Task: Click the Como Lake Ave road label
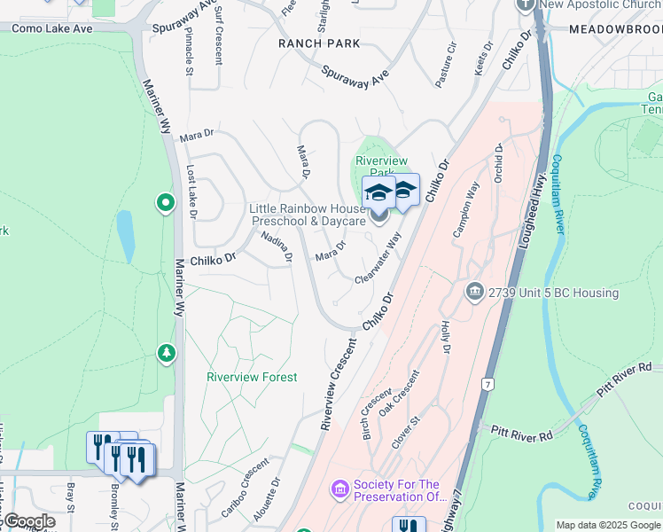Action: pyautogui.click(x=52, y=28)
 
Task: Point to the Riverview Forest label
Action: pyautogui.click(x=252, y=377)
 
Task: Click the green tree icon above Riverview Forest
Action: pyautogui.click(x=166, y=354)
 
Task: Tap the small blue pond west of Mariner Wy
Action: pyautogui.click(x=125, y=236)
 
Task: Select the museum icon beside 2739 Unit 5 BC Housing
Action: pyautogui.click(x=474, y=292)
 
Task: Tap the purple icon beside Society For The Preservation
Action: pyautogui.click(x=339, y=489)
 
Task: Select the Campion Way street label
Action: pyautogui.click(x=466, y=209)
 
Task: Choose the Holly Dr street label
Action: pyautogui.click(x=445, y=338)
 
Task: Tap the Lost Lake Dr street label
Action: pyautogui.click(x=191, y=192)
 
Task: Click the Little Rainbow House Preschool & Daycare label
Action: pyautogui.click(x=308, y=215)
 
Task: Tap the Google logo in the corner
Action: pyautogui.click(x=28, y=521)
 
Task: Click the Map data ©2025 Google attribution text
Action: pyautogui.click(x=607, y=525)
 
